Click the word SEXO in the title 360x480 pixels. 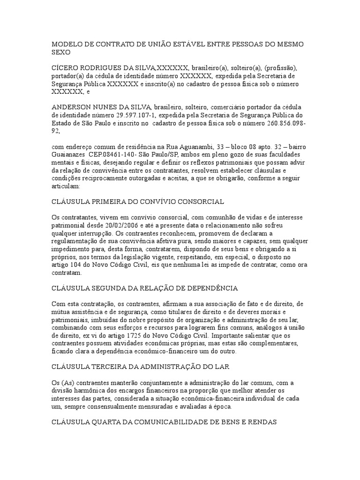click(60, 52)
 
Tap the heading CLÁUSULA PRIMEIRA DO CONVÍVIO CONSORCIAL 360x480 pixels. click(138, 202)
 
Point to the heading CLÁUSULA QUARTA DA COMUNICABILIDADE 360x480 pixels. click(164, 422)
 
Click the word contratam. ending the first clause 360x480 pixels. click(67, 272)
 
